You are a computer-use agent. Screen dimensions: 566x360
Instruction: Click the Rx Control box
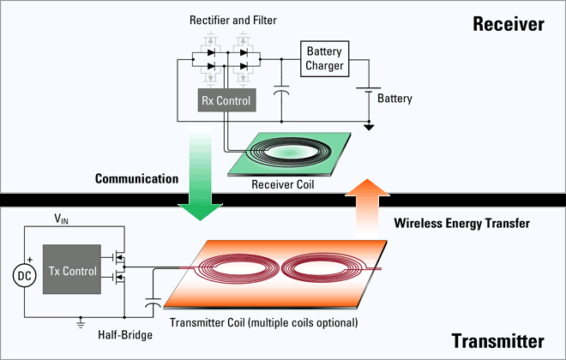pos(226,100)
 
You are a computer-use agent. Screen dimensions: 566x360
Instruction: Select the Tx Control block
pos(72,269)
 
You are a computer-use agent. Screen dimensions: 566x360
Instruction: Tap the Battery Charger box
pos(324,59)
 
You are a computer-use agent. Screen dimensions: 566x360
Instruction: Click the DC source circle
pos(25,276)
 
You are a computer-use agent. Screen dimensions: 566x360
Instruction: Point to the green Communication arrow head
pos(200,212)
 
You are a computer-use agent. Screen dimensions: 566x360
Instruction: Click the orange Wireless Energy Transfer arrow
pos(367,208)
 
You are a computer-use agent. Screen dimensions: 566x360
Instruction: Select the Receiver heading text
pos(509,24)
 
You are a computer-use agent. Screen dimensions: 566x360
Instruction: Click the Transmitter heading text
pos(497,341)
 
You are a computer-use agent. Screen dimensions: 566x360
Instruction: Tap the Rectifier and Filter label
pos(232,21)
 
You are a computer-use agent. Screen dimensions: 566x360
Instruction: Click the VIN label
pos(61,219)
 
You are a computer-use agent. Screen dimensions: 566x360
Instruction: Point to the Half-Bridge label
pos(125,335)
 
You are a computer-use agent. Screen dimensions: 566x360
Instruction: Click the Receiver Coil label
pos(283,184)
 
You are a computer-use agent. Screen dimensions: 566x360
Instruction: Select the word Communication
pos(137,178)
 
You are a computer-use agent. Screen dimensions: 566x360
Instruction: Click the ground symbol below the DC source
pos(81,323)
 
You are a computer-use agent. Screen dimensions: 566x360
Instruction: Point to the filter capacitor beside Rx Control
pos(281,90)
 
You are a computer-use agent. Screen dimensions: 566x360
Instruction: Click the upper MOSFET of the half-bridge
pos(118,257)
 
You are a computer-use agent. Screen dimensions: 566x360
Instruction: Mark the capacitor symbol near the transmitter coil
pos(153,303)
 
